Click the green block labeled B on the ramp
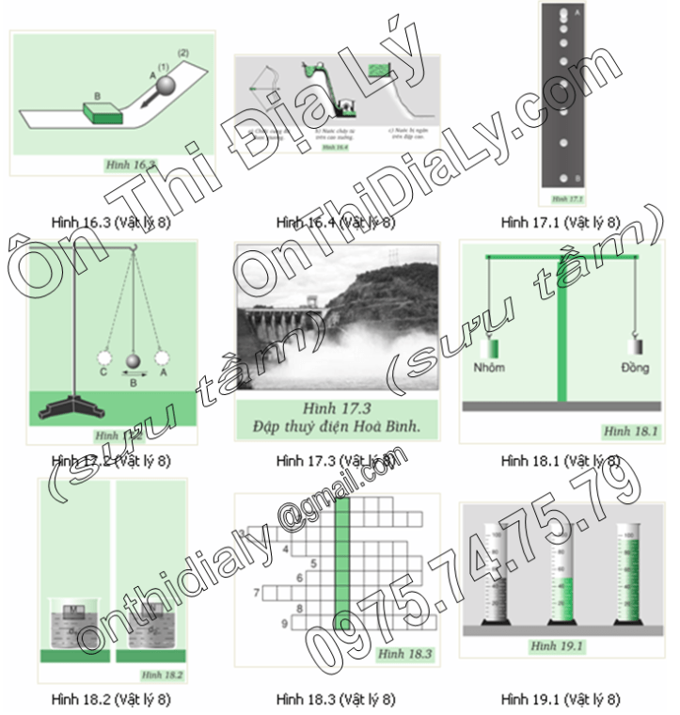(x=103, y=111)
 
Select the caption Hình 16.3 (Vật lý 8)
(x=112, y=223)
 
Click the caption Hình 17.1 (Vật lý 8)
(x=561, y=223)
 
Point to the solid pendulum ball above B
(x=135, y=362)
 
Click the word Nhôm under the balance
(x=489, y=368)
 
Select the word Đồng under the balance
(x=635, y=368)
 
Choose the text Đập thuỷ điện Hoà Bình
(x=338, y=428)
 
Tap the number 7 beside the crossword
(x=256, y=594)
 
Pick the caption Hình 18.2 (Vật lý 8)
(x=112, y=699)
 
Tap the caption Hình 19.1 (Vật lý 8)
(x=561, y=699)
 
